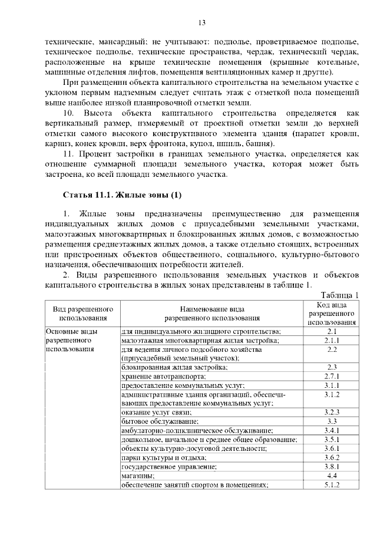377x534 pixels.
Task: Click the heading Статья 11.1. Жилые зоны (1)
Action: coord(117,195)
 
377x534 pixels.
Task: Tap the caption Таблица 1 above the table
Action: coord(339,295)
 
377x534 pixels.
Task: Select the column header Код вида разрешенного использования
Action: coord(331,314)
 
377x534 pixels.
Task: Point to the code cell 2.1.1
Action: coord(331,340)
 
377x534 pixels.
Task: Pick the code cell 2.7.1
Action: coord(331,376)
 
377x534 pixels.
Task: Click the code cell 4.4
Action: coord(331,475)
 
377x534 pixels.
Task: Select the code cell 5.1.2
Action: coord(331,484)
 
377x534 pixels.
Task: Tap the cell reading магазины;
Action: coord(138,475)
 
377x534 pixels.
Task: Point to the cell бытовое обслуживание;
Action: coord(160,421)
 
